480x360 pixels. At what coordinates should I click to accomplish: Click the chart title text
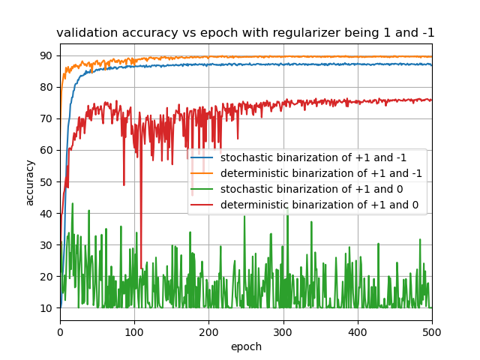[245, 33]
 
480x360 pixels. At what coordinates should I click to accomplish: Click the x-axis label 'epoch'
[245, 346]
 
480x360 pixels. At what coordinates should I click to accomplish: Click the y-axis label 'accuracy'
[30, 182]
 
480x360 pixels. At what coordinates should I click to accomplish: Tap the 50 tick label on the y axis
[47, 181]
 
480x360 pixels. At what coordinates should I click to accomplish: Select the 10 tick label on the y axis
[47, 307]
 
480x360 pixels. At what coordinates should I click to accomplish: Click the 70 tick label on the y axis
[47, 118]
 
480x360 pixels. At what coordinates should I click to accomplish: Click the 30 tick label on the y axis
[47, 244]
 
